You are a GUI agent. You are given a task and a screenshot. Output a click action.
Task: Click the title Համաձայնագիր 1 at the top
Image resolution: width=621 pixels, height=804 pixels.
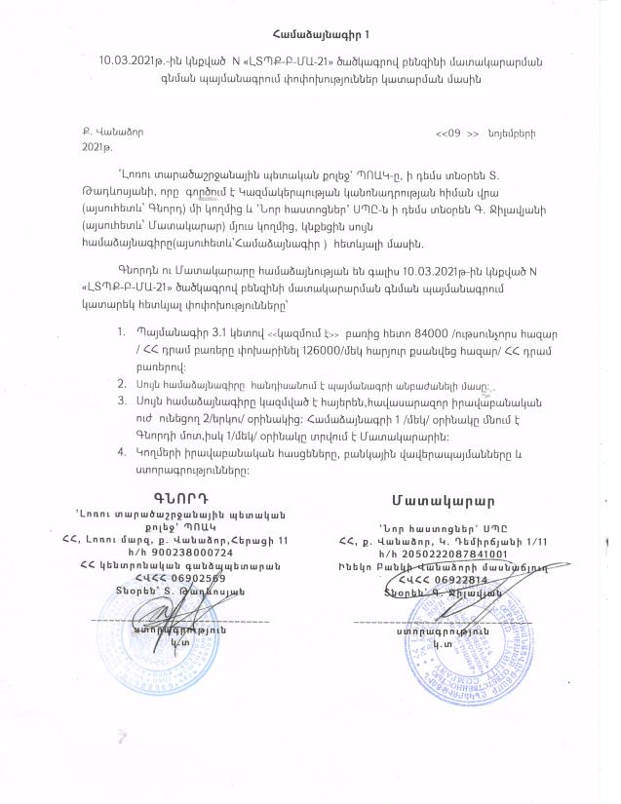310,38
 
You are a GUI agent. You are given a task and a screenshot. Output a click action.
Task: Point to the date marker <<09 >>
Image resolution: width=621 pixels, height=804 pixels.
458,132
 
